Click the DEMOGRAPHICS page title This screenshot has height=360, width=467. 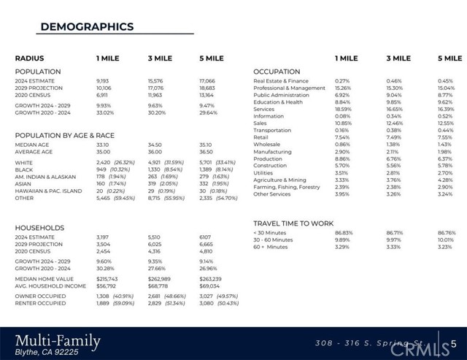(87, 27)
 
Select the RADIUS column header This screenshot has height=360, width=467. (30, 58)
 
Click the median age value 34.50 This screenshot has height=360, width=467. (155, 145)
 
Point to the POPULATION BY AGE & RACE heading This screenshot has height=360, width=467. (65, 135)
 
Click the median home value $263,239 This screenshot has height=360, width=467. (210, 279)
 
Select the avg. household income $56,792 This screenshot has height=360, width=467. (107, 286)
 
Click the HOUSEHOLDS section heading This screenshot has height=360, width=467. (39, 228)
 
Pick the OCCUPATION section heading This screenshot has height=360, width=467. (277, 72)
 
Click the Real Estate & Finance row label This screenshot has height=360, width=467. (281, 81)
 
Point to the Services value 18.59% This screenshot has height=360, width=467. (343, 110)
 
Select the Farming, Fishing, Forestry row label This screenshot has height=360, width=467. (287, 187)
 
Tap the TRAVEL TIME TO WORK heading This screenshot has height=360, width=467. (293, 223)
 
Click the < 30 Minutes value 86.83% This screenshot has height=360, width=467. (343, 232)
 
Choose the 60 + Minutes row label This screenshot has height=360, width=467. (270, 247)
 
